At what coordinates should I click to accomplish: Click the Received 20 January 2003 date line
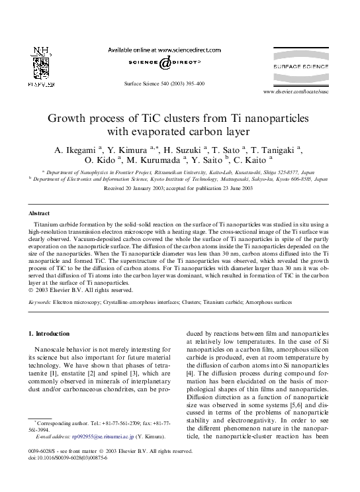(x=179, y=188)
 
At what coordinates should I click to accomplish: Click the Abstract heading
(x=39, y=213)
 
